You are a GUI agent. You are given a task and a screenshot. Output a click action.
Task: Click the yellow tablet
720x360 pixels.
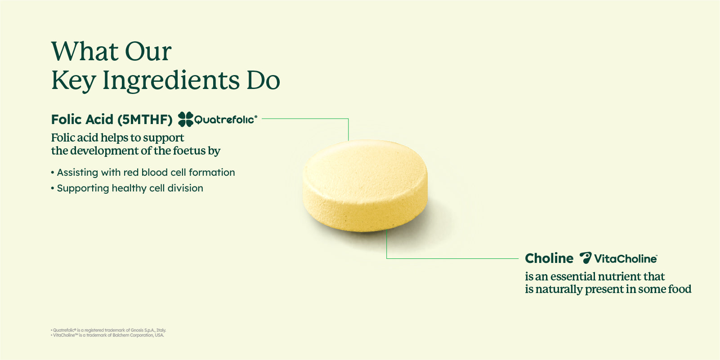pyautogui.click(x=365, y=185)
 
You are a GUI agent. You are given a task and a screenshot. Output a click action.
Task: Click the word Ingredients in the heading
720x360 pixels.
pyautogui.click(x=171, y=81)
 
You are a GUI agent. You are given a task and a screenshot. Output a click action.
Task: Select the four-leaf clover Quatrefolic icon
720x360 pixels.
pyautogui.click(x=185, y=119)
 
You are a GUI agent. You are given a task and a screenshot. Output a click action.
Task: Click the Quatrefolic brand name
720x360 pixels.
pyautogui.click(x=225, y=120)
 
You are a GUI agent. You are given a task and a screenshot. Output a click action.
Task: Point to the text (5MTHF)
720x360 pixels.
pyautogui.click(x=145, y=120)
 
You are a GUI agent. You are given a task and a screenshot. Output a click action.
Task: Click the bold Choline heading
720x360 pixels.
pyautogui.click(x=549, y=258)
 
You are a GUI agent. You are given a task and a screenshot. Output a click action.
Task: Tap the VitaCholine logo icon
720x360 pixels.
pyautogui.click(x=585, y=258)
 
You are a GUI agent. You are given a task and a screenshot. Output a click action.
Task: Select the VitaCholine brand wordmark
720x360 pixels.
pyautogui.click(x=625, y=259)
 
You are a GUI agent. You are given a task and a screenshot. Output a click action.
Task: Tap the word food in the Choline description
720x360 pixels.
pyautogui.click(x=680, y=289)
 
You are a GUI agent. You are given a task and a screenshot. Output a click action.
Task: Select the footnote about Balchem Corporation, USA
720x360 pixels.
pyautogui.click(x=108, y=335)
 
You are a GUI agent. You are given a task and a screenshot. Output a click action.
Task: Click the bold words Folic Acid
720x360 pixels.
pyautogui.click(x=82, y=120)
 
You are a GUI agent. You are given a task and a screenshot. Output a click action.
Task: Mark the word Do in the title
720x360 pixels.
pyautogui.click(x=263, y=81)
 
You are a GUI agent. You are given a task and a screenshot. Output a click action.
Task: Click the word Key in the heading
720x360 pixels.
pyautogui.click(x=73, y=81)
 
